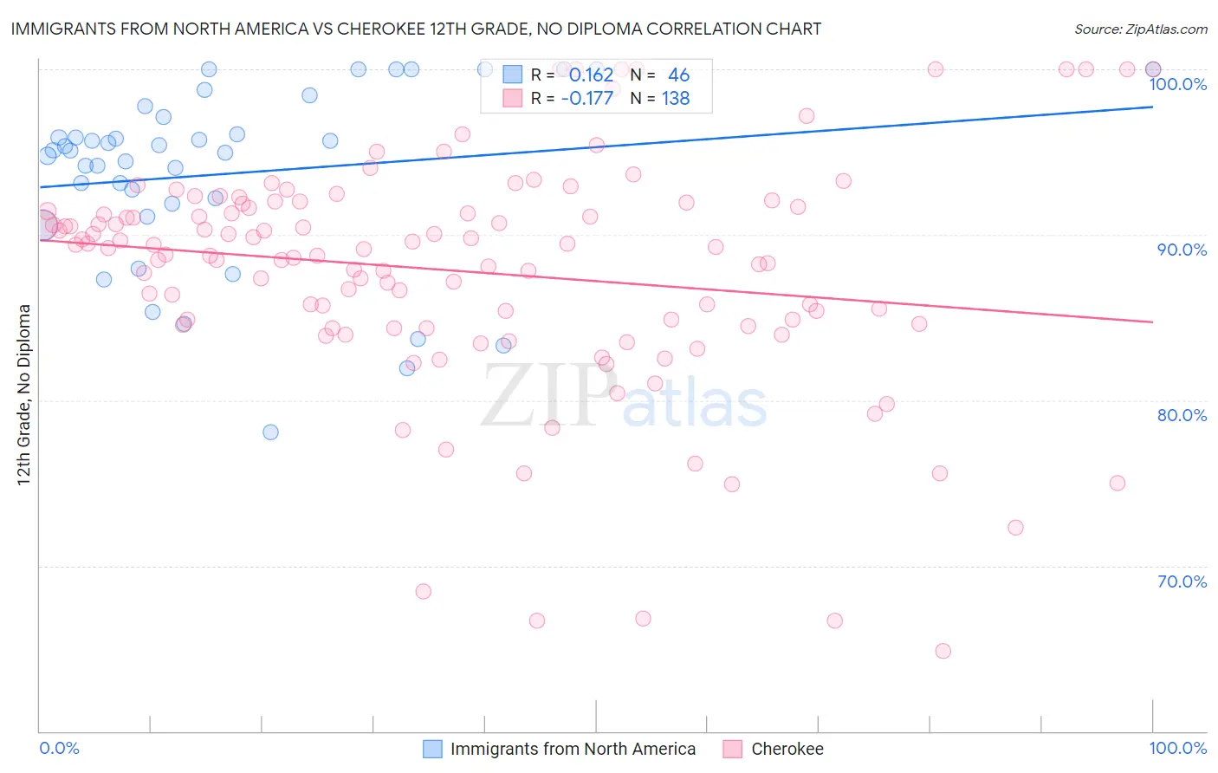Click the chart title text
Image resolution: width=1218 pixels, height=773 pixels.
[x=417, y=29]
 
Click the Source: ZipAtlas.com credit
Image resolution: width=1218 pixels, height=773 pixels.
[x=1140, y=29]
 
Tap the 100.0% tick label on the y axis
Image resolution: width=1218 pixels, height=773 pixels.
[x=1177, y=84]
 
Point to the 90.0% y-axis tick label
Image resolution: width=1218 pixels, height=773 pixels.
[x=1182, y=250]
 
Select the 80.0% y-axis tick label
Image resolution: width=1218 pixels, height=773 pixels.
[x=1182, y=415]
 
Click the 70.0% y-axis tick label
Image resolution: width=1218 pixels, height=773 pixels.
[x=1182, y=581]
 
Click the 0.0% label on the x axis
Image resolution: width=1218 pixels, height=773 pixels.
[x=60, y=748]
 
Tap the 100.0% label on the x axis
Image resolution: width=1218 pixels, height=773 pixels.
[x=1177, y=748]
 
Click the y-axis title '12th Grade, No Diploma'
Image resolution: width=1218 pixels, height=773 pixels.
[x=24, y=394]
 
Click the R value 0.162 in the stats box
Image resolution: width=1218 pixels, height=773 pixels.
[x=591, y=75]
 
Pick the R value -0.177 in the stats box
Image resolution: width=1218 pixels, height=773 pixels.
[x=586, y=99]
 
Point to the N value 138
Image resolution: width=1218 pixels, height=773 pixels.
[x=676, y=99]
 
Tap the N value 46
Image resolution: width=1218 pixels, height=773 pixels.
[x=678, y=75]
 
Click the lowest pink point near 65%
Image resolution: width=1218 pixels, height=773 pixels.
[x=943, y=651]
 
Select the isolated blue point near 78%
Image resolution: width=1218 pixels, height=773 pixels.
[x=270, y=432]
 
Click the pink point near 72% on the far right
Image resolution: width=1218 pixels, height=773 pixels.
[x=1015, y=528]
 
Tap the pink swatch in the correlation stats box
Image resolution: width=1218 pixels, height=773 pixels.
[x=513, y=98]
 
